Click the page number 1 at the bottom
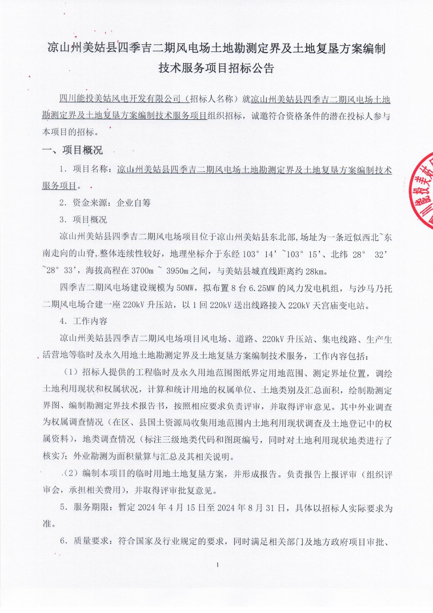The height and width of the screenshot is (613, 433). (x=217, y=565)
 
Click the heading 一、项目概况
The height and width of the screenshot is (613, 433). (x=72, y=150)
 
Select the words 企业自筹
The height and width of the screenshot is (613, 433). (x=134, y=203)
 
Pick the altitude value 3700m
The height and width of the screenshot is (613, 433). (x=142, y=271)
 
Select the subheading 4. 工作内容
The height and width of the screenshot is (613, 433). (x=83, y=321)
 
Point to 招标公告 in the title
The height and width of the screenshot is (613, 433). (x=251, y=68)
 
